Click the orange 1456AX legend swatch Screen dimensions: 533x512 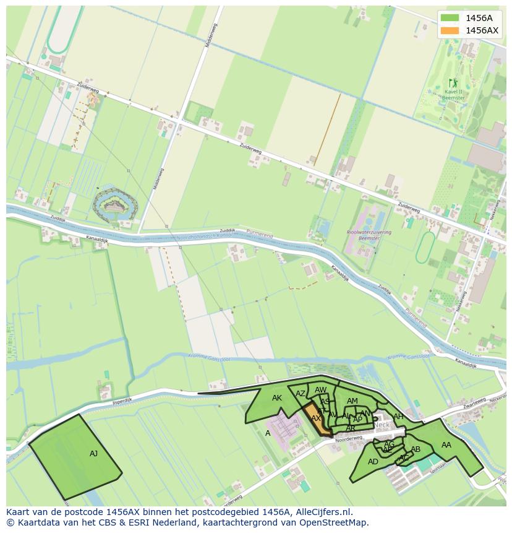[450, 30]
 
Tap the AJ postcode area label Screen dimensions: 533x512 [93, 454]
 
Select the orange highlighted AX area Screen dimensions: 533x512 [315, 417]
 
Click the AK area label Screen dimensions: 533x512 [277, 398]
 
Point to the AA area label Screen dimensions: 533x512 [446, 444]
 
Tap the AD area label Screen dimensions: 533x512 [373, 462]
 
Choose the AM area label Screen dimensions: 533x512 [352, 401]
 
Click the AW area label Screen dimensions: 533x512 [320, 390]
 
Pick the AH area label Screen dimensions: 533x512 [398, 417]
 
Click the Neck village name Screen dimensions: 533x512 [382, 425]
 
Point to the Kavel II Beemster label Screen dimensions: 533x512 [453, 94]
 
